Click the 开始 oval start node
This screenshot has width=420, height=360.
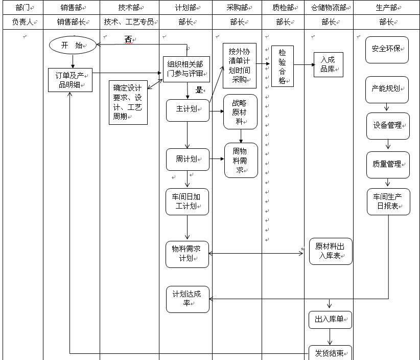pyautogui.click(x=73, y=45)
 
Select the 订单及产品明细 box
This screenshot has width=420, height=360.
pyautogui.click(x=71, y=80)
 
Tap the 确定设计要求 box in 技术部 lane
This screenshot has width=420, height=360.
pyautogui.click(x=128, y=102)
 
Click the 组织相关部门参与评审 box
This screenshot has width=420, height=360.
pyautogui.click(x=186, y=69)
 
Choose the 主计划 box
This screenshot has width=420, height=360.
pyautogui.click(x=188, y=110)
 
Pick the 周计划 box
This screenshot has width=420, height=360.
pyautogui.click(x=188, y=160)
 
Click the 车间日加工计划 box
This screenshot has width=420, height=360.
pyautogui.click(x=187, y=201)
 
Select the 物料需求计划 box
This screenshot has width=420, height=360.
pyautogui.click(x=187, y=254)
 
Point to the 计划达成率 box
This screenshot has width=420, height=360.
pyautogui.click(x=188, y=299)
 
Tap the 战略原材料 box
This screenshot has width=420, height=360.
pyautogui.click(x=240, y=111)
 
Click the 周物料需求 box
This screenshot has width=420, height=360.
pyautogui.click(x=241, y=160)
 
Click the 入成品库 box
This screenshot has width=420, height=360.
pyautogui.click(x=328, y=64)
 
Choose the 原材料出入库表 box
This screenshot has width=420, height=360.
pyautogui.click(x=331, y=251)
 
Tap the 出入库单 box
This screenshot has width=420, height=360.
pyautogui.click(x=330, y=320)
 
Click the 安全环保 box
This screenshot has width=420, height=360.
pyautogui.click(x=387, y=50)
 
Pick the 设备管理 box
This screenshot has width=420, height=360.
pyautogui.click(x=388, y=126)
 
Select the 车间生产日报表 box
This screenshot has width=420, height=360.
pyautogui.click(x=388, y=201)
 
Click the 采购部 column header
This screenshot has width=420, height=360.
pyautogui.click(x=237, y=8)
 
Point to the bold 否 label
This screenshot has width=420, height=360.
pyautogui.click(x=128, y=39)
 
